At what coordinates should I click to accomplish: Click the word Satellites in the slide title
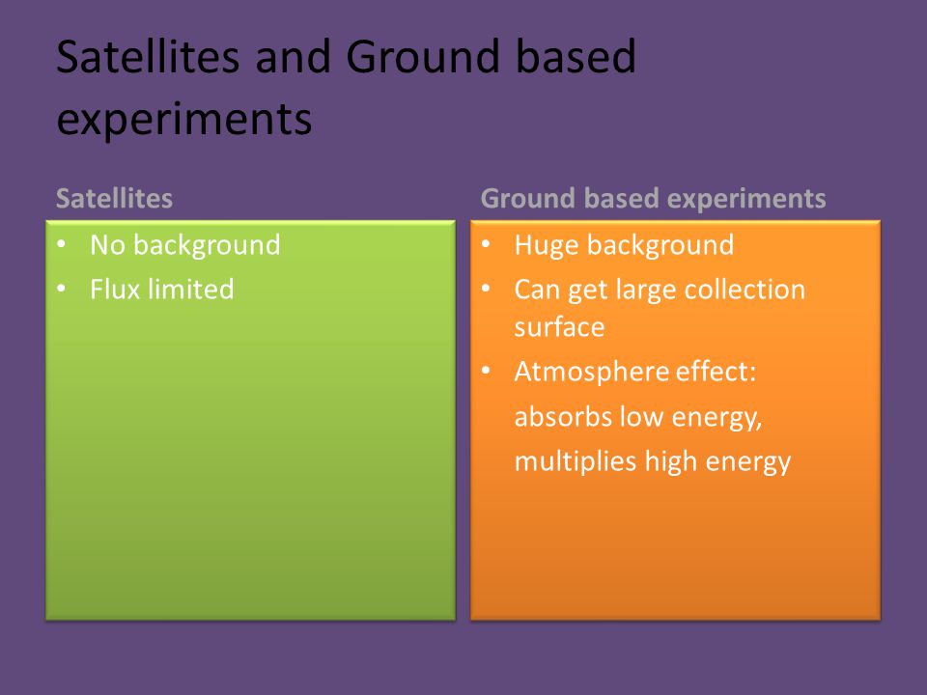(x=148, y=56)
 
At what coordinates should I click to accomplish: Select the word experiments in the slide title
(x=183, y=120)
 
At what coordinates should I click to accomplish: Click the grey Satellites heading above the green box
(x=114, y=198)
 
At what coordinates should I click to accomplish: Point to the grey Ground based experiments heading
(x=654, y=199)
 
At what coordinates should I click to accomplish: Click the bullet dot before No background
(x=62, y=244)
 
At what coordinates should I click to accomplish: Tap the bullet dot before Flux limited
(x=62, y=289)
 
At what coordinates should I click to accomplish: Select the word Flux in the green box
(x=115, y=289)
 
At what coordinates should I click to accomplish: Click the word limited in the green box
(x=190, y=289)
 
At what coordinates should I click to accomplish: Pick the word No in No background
(x=107, y=244)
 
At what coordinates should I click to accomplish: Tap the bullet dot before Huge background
(x=486, y=244)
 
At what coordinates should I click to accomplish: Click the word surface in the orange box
(x=559, y=327)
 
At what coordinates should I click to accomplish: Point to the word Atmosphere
(x=591, y=373)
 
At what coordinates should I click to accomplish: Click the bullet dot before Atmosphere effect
(x=486, y=371)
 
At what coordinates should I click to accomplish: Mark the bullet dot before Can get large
(x=486, y=289)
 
